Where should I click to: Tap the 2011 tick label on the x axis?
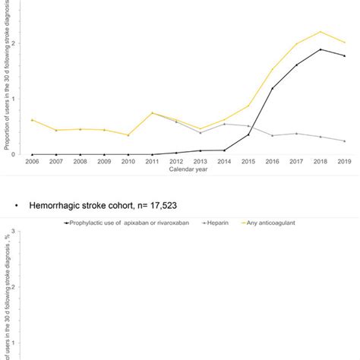tap(152, 162)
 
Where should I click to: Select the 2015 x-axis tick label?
tap(248, 162)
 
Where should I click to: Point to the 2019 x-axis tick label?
tap(345, 162)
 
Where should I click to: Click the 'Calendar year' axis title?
tap(188, 169)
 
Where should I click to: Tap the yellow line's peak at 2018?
tap(321, 32)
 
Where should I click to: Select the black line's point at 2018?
tap(321, 49)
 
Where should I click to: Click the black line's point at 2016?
tap(273, 88)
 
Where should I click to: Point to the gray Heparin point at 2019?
tap(345, 141)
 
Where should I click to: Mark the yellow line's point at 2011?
tap(152, 113)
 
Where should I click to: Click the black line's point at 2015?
tap(248, 134)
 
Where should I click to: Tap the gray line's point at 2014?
tap(224, 124)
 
